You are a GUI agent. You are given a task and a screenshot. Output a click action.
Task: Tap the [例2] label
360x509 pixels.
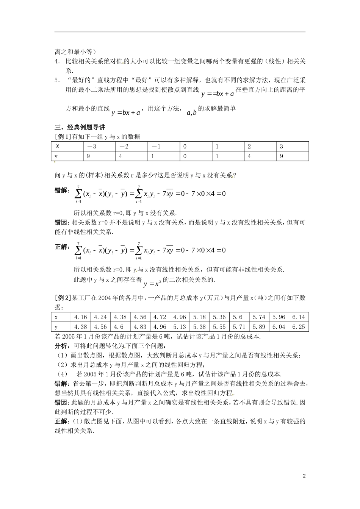[63, 298]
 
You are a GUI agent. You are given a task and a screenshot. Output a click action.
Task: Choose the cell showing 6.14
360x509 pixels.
[298, 317]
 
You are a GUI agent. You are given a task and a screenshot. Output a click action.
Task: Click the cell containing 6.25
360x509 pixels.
[298, 327]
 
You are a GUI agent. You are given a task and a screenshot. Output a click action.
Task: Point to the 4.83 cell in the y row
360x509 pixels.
[140, 327]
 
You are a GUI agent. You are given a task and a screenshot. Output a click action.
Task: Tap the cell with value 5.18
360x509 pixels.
[199, 317]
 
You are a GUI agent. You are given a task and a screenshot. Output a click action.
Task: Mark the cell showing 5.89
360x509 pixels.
[259, 327]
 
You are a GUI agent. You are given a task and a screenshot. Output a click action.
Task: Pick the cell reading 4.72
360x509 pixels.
[160, 317]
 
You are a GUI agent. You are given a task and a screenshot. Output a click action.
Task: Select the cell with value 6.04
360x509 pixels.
[279, 327]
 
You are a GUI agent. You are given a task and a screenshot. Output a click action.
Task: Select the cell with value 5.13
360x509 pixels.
[179, 327]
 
